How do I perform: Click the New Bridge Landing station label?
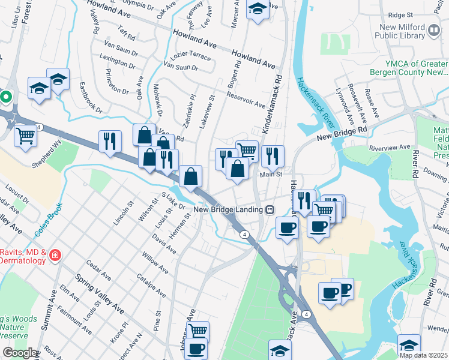(229, 209)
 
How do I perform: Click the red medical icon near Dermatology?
(55, 256)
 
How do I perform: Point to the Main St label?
(271, 175)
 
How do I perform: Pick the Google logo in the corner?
(20, 353)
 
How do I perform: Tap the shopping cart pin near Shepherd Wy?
(25, 135)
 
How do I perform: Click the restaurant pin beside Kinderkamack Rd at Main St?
(273, 156)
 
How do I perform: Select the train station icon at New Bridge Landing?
(270, 209)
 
